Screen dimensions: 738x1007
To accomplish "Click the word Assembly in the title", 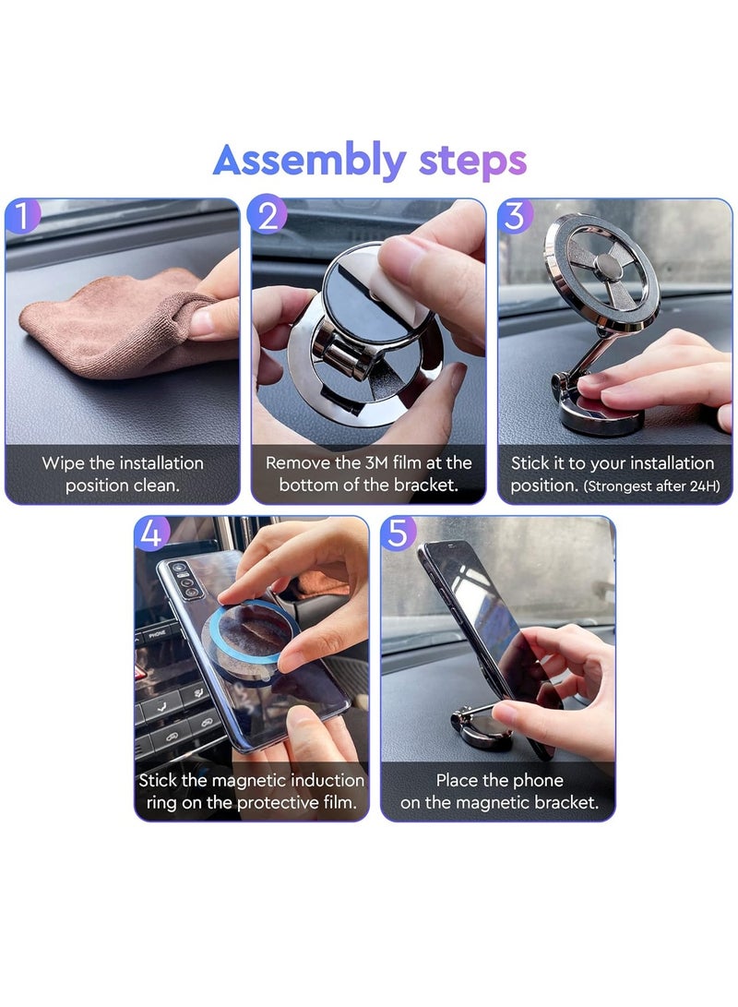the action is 309,162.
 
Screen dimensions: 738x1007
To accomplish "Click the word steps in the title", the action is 473,162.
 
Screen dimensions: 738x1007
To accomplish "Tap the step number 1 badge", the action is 22,216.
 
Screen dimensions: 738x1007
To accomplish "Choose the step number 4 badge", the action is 151,533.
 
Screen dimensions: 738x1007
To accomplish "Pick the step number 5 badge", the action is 398,533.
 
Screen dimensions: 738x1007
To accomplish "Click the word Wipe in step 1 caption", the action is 63,463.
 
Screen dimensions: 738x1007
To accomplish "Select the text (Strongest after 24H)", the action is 650,486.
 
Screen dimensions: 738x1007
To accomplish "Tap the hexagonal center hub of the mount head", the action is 607,265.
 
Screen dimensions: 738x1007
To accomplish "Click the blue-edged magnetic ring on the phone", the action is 247,642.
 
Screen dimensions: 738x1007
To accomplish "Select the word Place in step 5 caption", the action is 457,780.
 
